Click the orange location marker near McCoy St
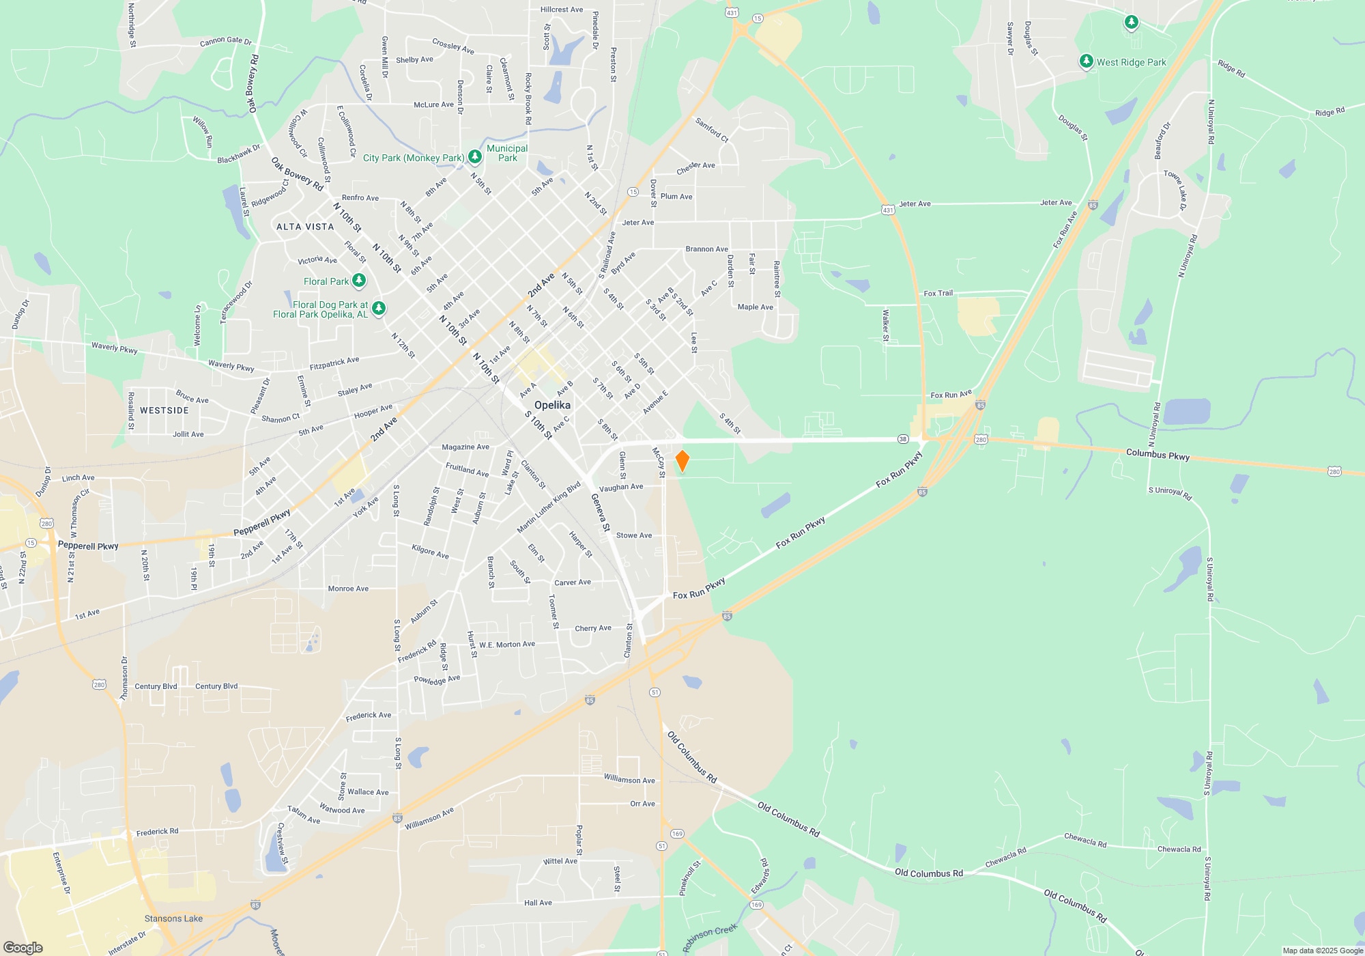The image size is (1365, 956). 682,461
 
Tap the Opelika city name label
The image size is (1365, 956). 552,405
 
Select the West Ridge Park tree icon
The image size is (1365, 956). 1086,62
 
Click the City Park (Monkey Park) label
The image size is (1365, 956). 413,158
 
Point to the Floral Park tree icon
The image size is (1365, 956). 358,281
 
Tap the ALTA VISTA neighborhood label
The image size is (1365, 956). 305,227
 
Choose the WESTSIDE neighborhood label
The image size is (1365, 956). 164,410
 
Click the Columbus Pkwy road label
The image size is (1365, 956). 1158,454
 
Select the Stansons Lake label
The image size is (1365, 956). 173,918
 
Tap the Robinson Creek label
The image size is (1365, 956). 710,938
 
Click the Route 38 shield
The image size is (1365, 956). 903,439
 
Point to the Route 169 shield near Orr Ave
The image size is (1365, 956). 677,834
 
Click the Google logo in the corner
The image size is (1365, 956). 23,948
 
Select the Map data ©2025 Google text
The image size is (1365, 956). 1322,951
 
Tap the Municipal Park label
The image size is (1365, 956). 507,153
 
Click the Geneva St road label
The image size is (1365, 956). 600,512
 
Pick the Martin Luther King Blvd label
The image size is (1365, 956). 549,507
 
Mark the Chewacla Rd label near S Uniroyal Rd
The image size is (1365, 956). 1179,849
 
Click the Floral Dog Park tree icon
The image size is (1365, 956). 379,309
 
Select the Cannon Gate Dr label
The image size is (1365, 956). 226,42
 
